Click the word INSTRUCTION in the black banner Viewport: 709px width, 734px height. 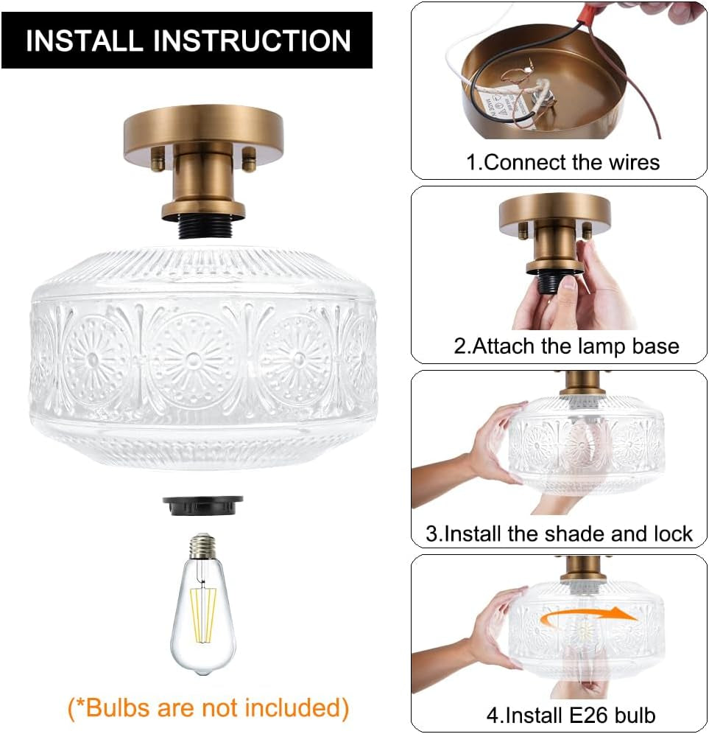point(251,41)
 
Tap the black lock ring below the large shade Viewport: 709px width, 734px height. point(202,505)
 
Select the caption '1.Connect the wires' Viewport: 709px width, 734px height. point(562,162)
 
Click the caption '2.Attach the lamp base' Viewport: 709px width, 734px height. point(565,346)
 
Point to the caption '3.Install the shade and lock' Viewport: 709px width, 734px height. point(559,534)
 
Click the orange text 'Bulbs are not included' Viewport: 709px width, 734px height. point(208,707)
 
